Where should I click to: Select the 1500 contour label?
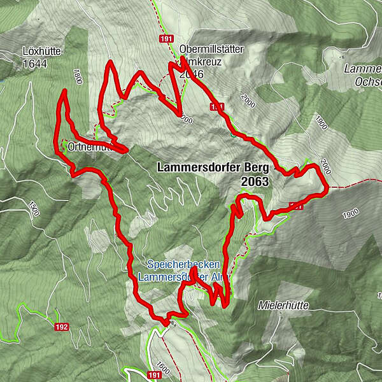[32, 209]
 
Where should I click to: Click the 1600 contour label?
[162, 368]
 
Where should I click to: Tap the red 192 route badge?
[62, 327]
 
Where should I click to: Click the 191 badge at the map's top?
[167, 39]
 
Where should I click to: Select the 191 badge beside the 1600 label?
[155, 376]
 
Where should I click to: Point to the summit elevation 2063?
[255, 181]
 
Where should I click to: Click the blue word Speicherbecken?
[183, 264]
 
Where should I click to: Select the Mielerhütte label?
[283, 306]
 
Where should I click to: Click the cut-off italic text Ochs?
[368, 81]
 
